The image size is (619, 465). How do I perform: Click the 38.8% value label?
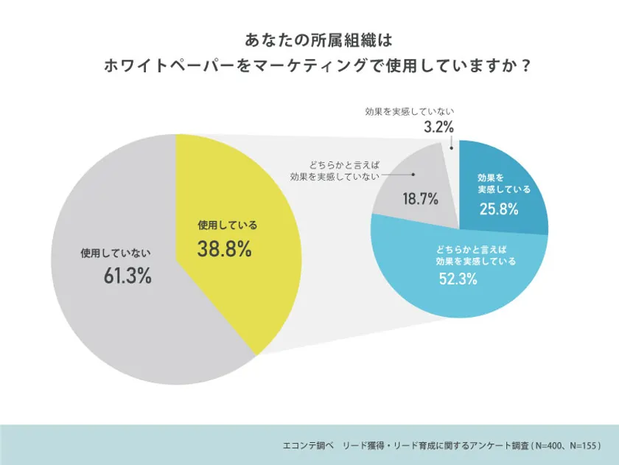coord(224,250)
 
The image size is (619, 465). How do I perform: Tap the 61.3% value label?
coord(127,277)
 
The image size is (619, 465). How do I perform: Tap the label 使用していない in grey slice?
coord(116,253)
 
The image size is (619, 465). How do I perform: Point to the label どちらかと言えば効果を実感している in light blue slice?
coord(476,255)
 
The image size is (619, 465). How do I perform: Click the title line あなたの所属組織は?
coord(309,38)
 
